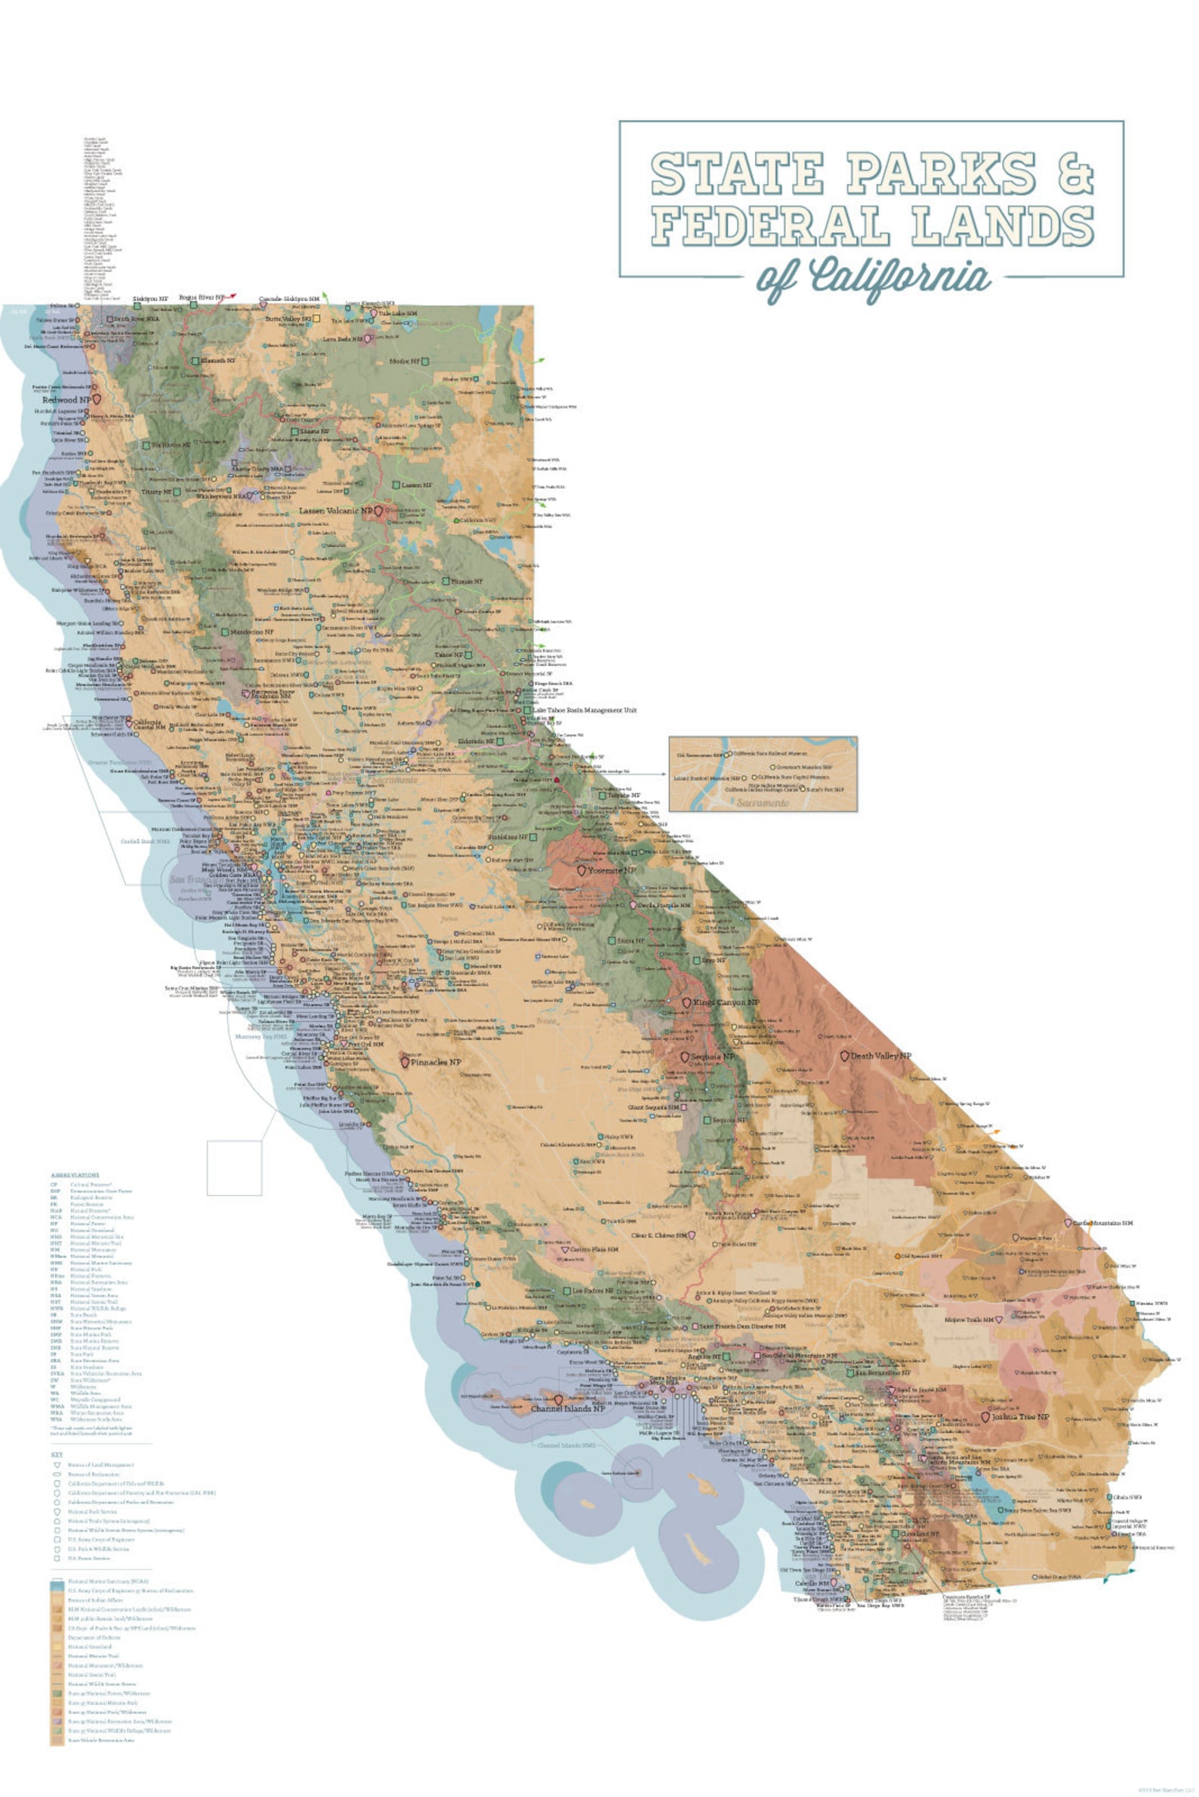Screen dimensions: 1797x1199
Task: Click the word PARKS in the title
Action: (x=940, y=174)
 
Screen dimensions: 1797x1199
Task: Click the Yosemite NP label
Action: (x=611, y=871)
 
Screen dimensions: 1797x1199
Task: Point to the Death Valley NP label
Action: (x=881, y=1056)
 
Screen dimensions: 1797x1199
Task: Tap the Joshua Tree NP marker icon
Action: (x=985, y=1417)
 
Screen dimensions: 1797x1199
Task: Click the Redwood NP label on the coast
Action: (x=66, y=400)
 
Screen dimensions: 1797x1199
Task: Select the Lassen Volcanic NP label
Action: (x=335, y=511)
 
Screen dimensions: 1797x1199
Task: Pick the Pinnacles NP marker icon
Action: (x=405, y=1062)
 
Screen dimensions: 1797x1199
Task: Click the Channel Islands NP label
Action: (x=567, y=1409)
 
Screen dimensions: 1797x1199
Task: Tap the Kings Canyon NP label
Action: (x=726, y=1002)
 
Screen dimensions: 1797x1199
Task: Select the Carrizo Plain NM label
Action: (x=593, y=1249)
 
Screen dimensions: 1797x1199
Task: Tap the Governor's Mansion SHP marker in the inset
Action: (x=771, y=767)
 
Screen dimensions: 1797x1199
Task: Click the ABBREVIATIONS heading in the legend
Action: (x=75, y=1175)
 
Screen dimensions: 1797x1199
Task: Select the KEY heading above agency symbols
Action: (x=57, y=1454)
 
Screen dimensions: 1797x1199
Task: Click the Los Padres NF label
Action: (x=593, y=1291)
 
